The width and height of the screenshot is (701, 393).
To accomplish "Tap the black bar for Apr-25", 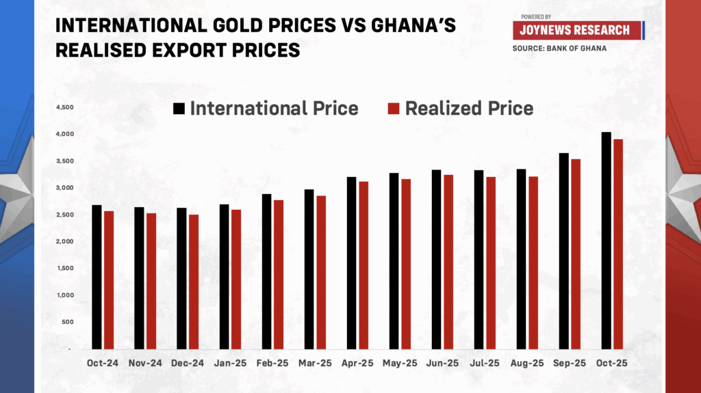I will (x=351, y=262).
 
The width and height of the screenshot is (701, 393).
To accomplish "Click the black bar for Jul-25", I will (x=479, y=259).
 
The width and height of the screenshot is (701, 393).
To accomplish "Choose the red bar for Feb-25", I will (x=279, y=274).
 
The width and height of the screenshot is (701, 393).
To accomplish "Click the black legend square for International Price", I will (x=179, y=109).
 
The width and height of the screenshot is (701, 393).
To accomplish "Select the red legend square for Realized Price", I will (x=394, y=109).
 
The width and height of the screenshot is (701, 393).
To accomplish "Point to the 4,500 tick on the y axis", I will (x=64, y=107).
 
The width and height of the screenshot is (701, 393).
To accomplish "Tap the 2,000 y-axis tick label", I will (x=64, y=242).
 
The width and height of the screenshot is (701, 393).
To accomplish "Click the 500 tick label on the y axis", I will (x=66, y=322).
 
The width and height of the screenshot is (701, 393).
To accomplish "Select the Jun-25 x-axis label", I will (x=442, y=363).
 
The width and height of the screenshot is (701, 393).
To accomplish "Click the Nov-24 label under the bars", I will (x=145, y=363).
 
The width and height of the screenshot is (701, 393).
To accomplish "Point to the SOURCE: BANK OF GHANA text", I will (x=559, y=49).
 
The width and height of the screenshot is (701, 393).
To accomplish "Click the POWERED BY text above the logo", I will (x=536, y=16).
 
